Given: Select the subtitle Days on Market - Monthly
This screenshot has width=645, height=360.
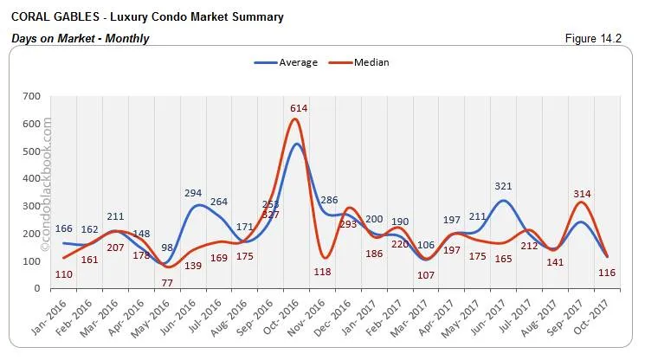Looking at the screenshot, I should coord(80,39).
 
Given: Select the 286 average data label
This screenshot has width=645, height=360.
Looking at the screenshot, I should coord(330,201).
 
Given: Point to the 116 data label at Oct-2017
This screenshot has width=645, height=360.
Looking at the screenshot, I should coord(606,273).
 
